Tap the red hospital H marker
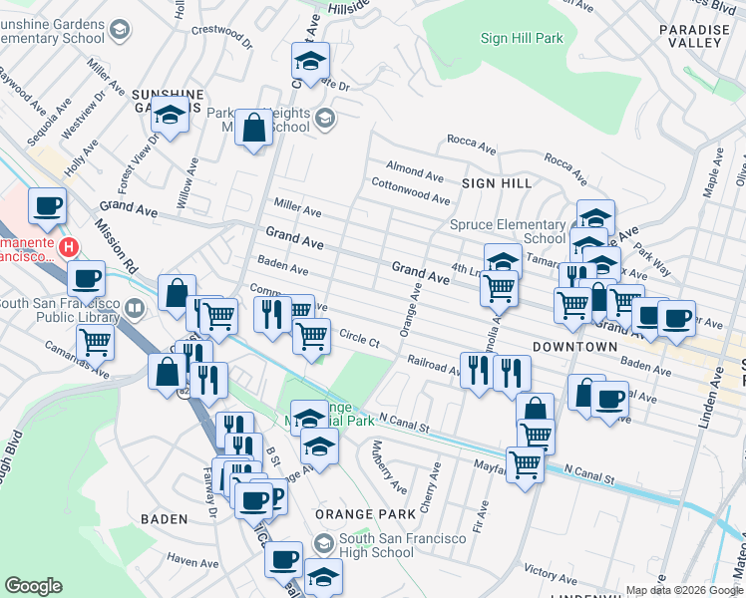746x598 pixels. pos(68,246)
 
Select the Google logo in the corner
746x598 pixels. pos(33,586)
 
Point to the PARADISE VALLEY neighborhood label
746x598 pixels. pos(695,37)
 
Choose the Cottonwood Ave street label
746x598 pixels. pos(410,190)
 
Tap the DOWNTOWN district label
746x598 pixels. pos(574,346)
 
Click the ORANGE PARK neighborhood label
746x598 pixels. pos(364,514)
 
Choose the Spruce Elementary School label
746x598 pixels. pos(508,231)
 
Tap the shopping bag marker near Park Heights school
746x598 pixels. pos(254,128)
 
